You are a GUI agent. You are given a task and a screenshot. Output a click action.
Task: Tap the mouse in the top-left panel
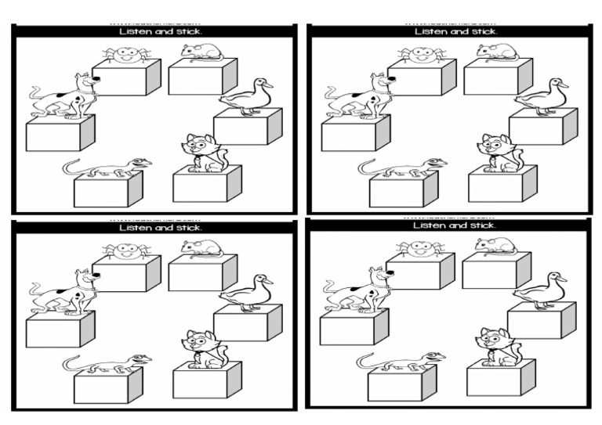(x=203, y=52)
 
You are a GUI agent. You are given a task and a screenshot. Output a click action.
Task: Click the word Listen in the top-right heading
(x=430, y=31)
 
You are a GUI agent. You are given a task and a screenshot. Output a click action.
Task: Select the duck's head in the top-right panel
(x=557, y=84)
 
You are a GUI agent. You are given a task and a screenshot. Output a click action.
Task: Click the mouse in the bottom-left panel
(x=203, y=247)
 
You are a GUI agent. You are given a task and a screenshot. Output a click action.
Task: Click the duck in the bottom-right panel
(x=541, y=290)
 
